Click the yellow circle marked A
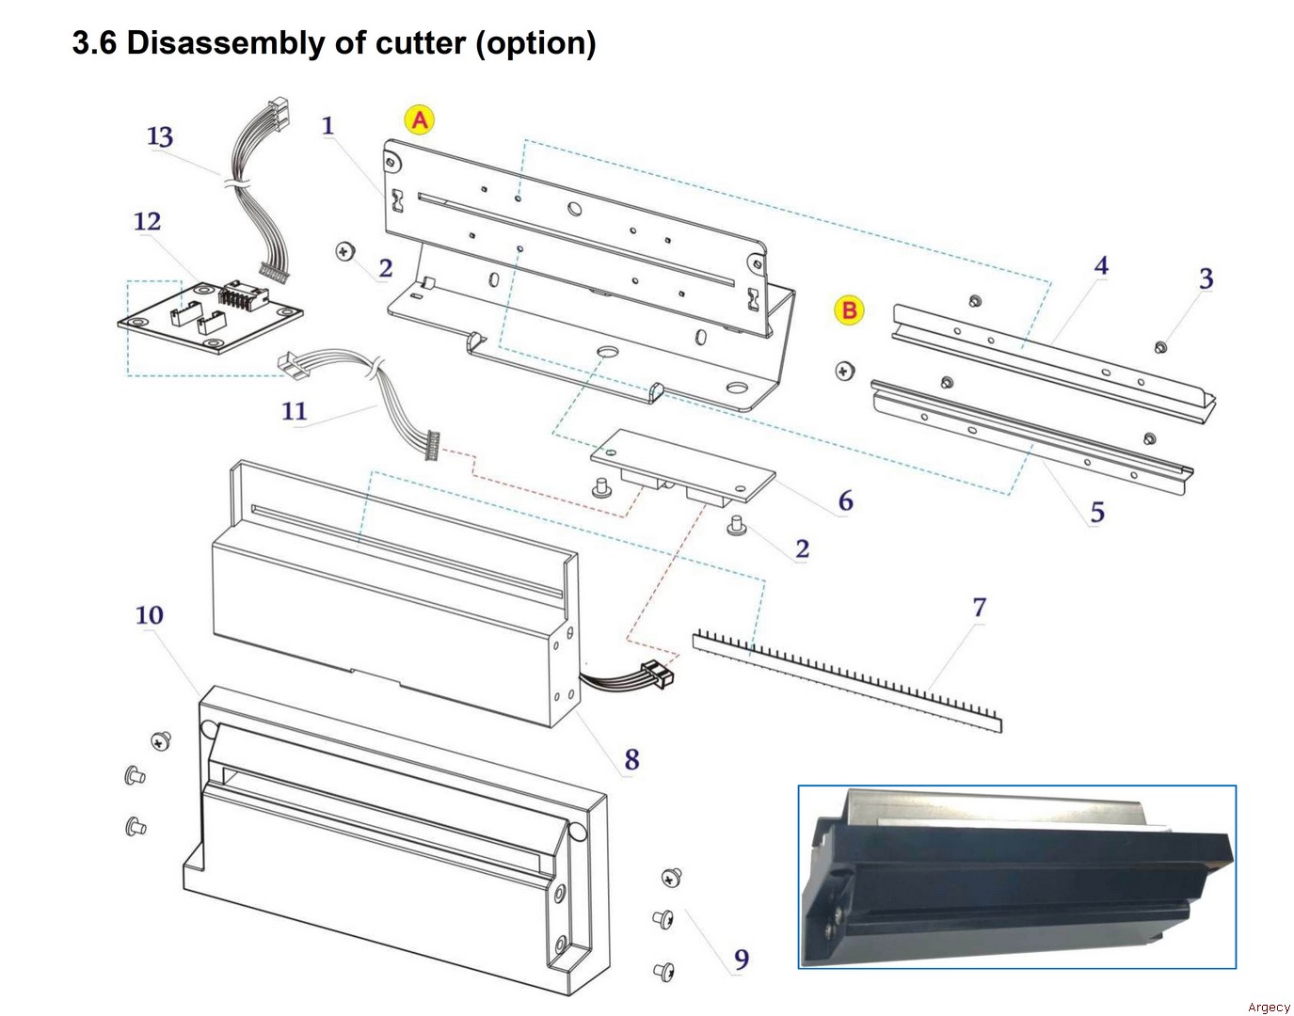[420, 120]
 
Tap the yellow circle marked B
[849, 310]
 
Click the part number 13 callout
[160, 137]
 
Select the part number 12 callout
[147, 222]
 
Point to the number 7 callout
[979, 608]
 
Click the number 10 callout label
[149, 615]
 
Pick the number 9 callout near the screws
[742, 960]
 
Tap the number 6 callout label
[845, 501]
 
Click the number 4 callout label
[1101, 266]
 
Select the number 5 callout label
[1097, 513]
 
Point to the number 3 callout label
[1206, 279]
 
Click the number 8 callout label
[631, 759]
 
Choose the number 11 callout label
[294, 411]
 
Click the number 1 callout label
[327, 125]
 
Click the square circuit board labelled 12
[212, 315]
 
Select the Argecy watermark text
[1269, 1008]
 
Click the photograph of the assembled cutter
[1016, 877]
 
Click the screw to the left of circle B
[845, 371]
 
